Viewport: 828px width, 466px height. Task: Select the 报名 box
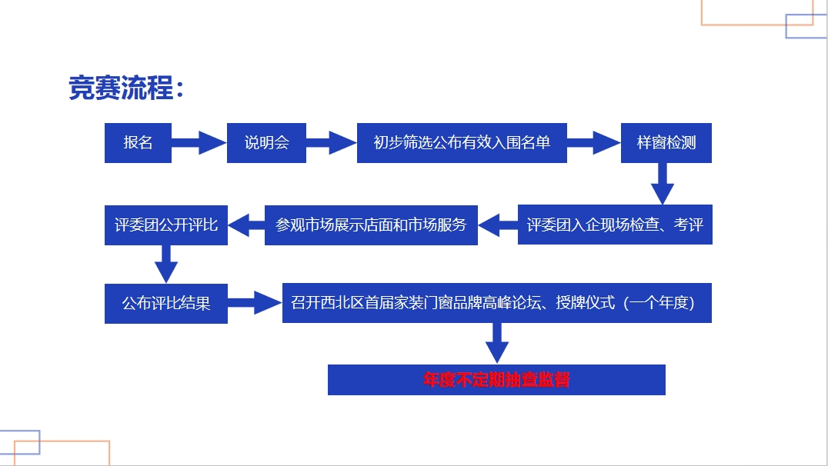[x=138, y=142]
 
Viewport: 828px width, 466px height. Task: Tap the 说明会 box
[x=267, y=142]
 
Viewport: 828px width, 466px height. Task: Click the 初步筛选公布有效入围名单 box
[x=462, y=142]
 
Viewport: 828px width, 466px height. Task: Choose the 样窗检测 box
[x=666, y=142]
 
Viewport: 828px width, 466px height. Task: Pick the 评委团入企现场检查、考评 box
[x=615, y=225]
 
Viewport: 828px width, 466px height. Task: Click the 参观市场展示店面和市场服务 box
[x=371, y=225]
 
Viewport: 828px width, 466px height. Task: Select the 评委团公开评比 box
[x=165, y=225]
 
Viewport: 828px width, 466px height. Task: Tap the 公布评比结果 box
[x=165, y=304]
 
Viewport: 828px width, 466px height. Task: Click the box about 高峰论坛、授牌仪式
[x=497, y=303]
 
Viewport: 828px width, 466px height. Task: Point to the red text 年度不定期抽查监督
[x=496, y=380]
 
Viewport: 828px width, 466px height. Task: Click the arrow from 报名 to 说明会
[x=199, y=142]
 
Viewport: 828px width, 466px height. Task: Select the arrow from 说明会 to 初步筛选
[x=332, y=142]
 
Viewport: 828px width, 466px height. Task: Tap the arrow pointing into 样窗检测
[x=594, y=142]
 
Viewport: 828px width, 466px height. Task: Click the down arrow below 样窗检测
[x=663, y=184]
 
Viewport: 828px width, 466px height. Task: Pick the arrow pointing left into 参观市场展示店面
[x=498, y=225]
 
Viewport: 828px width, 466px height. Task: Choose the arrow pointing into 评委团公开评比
[x=246, y=225]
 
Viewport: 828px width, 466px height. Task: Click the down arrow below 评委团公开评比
[x=165, y=265]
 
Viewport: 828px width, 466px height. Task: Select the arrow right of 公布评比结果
[x=255, y=303]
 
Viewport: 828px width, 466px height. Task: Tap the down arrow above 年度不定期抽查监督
[x=497, y=344]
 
